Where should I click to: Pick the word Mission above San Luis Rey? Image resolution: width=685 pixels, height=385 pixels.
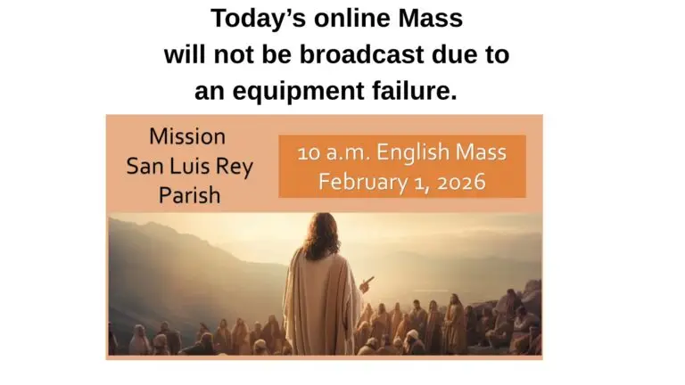coord(187,137)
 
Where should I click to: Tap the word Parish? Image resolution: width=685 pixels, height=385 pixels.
coord(188,194)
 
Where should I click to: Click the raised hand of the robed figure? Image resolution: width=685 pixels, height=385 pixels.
coord(367,284)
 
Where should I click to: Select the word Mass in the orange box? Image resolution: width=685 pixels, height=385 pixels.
coord(482,153)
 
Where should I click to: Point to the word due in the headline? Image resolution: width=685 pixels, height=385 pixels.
coord(456,54)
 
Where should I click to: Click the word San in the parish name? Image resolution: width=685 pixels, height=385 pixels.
coord(145,166)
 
